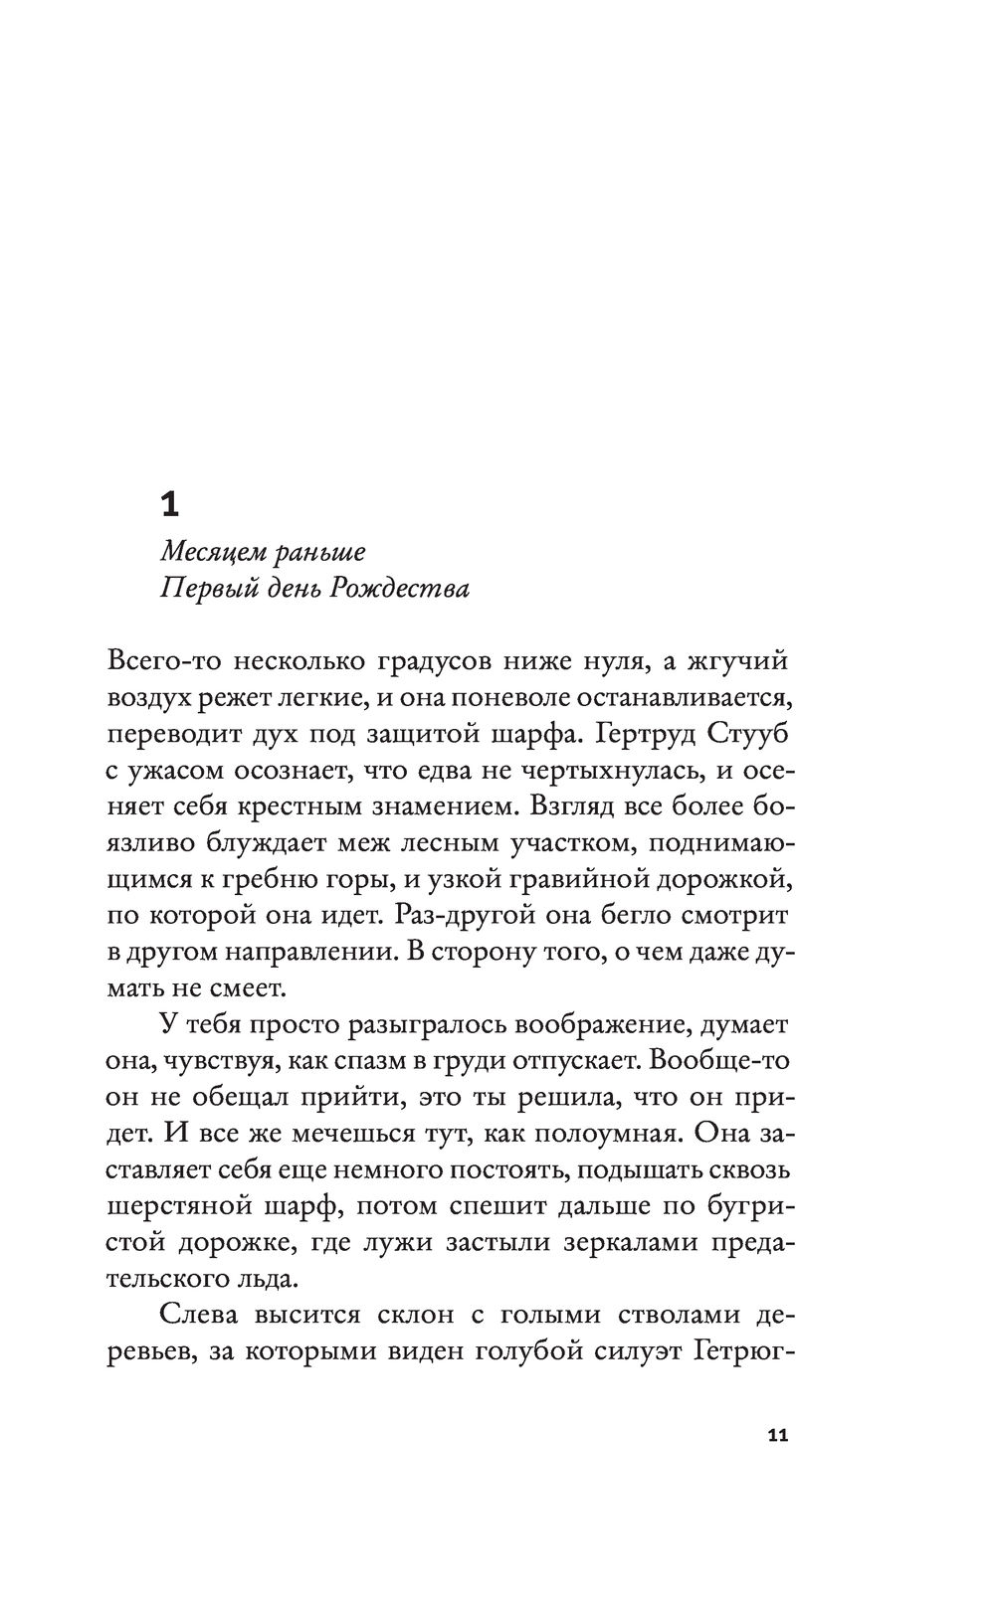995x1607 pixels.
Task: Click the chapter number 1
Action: tap(169, 505)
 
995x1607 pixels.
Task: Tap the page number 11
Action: tap(777, 1436)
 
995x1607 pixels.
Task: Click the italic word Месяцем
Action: tap(212, 551)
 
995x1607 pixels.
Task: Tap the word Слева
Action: tap(198, 1316)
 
